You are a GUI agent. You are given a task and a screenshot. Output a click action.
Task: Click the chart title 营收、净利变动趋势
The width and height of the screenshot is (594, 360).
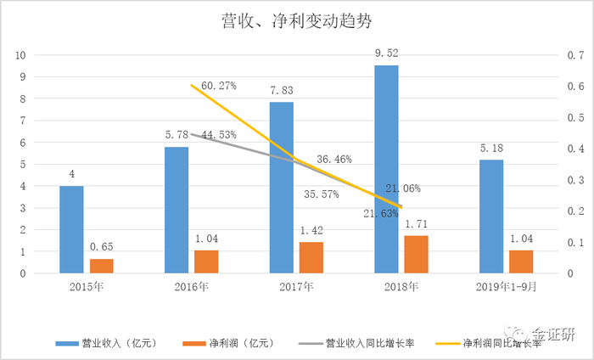coord(296,21)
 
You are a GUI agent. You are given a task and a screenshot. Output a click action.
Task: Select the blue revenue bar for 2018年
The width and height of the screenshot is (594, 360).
coord(386,169)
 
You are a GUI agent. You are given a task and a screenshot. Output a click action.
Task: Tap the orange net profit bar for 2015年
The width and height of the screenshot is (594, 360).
coord(102,266)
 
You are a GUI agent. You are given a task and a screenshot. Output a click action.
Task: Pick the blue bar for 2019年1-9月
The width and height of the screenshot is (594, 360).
coord(491,217)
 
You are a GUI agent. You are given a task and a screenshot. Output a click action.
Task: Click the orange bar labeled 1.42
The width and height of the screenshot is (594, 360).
coord(311,257)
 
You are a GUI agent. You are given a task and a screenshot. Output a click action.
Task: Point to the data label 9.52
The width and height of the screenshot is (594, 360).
coord(387,53)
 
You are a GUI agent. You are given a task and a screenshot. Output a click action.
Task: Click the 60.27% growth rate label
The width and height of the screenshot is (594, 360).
coord(219,86)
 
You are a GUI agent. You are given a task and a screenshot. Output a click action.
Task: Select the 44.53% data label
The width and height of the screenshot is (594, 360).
coord(219,135)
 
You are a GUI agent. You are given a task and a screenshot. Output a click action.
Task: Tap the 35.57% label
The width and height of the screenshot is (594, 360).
coord(322,194)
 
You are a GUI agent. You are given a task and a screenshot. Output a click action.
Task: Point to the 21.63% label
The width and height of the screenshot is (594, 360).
coord(381,214)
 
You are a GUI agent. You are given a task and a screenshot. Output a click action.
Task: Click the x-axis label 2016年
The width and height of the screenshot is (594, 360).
coord(191,287)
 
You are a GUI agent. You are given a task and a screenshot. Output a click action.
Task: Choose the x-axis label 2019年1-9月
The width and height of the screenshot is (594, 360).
coord(506,287)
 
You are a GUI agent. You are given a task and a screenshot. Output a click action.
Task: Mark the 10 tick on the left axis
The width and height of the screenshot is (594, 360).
coord(20,55)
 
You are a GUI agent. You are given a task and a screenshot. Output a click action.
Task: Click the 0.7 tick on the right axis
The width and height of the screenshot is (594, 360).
coord(575,55)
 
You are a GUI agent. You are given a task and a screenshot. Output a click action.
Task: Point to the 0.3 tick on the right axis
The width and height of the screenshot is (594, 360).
coord(575,180)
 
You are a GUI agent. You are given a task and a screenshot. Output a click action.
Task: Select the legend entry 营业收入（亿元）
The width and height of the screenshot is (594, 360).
coord(106,343)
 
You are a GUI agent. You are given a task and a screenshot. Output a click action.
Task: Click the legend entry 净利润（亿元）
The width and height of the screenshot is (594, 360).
coord(228,343)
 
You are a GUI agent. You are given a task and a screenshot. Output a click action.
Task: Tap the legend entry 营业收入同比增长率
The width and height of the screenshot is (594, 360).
coord(356,343)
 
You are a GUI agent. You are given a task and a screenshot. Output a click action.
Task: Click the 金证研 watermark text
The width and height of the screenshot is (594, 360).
coord(553,334)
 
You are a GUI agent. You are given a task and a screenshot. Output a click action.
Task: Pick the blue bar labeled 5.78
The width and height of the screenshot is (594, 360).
coord(177,210)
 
